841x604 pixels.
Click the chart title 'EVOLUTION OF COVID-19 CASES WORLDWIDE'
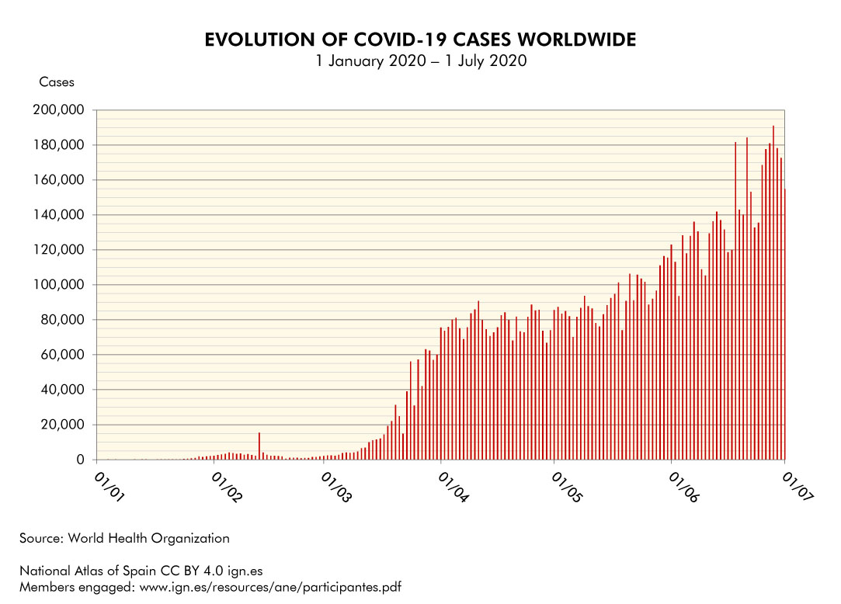tap(420, 40)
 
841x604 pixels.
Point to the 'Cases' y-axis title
tap(57, 82)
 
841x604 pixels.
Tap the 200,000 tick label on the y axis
tap(58, 110)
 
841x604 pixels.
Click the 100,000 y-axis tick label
tap(58, 285)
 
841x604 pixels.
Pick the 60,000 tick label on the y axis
tap(62, 355)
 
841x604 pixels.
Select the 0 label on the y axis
tap(79, 460)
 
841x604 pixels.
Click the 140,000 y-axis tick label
tap(58, 215)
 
